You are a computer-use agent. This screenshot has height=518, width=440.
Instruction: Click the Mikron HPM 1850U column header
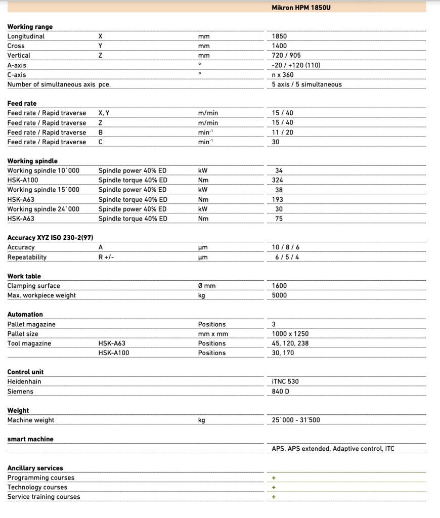click(301, 8)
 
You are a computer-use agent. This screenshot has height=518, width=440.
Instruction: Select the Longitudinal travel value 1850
click(279, 36)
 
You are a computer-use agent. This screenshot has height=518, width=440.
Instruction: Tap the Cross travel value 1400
click(279, 46)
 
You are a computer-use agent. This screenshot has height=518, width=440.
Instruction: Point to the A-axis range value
click(296, 65)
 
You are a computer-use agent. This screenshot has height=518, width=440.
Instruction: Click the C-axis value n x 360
click(283, 75)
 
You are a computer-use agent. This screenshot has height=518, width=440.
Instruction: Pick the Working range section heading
click(30, 27)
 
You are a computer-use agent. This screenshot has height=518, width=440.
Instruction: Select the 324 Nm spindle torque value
click(278, 180)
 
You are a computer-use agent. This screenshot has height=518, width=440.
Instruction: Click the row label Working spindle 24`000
click(43, 209)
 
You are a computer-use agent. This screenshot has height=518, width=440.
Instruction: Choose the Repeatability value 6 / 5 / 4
click(287, 257)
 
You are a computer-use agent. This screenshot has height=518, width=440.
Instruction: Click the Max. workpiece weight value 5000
click(279, 295)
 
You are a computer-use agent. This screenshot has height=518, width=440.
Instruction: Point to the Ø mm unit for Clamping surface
click(207, 286)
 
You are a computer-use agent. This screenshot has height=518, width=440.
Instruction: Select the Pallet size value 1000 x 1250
click(290, 334)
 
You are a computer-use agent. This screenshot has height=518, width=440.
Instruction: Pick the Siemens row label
click(20, 392)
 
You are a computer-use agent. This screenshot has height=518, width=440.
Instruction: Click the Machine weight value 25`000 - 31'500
click(295, 420)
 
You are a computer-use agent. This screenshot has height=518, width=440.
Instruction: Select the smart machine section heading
click(30, 439)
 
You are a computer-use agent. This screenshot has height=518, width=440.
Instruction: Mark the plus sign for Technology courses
click(274, 487)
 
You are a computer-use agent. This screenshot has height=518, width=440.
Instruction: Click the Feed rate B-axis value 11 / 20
click(282, 133)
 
